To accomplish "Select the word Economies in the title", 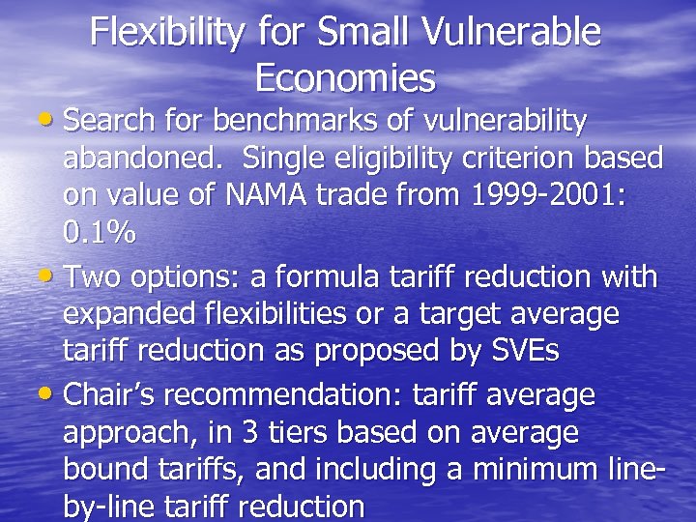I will pyautogui.click(x=346, y=76).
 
